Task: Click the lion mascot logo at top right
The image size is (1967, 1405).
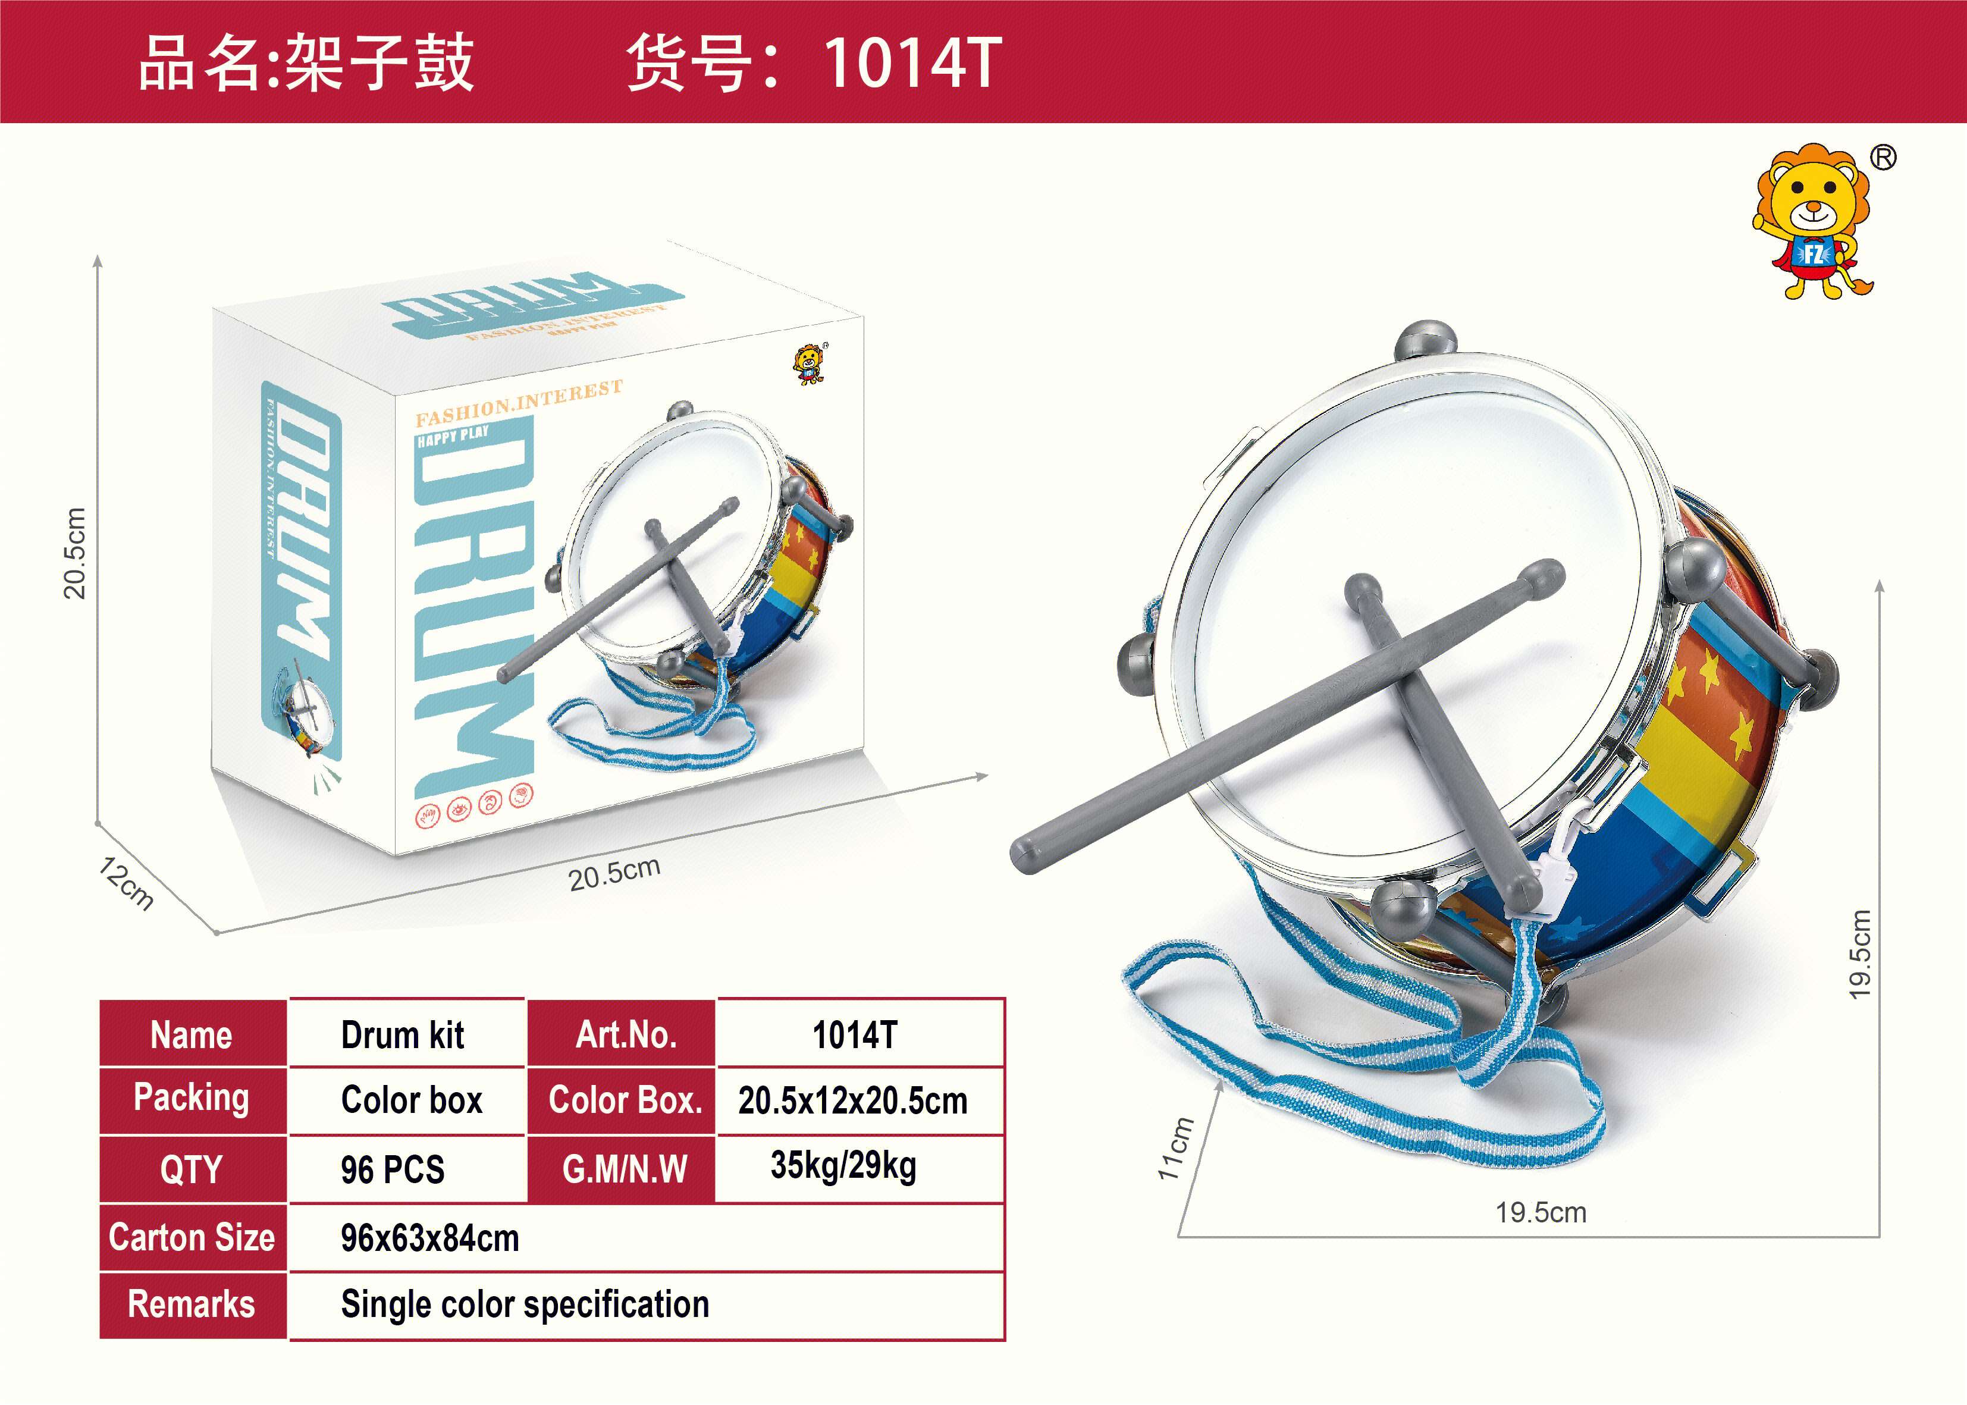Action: point(1812,222)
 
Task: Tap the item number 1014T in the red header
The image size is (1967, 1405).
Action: point(912,63)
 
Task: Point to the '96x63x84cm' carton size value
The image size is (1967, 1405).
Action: point(430,1238)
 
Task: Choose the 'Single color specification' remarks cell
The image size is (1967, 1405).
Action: point(525,1304)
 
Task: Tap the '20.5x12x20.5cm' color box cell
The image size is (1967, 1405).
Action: point(853,1100)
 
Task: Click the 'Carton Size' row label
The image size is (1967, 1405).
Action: point(192,1237)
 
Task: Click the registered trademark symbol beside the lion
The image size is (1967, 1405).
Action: point(1883,158)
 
